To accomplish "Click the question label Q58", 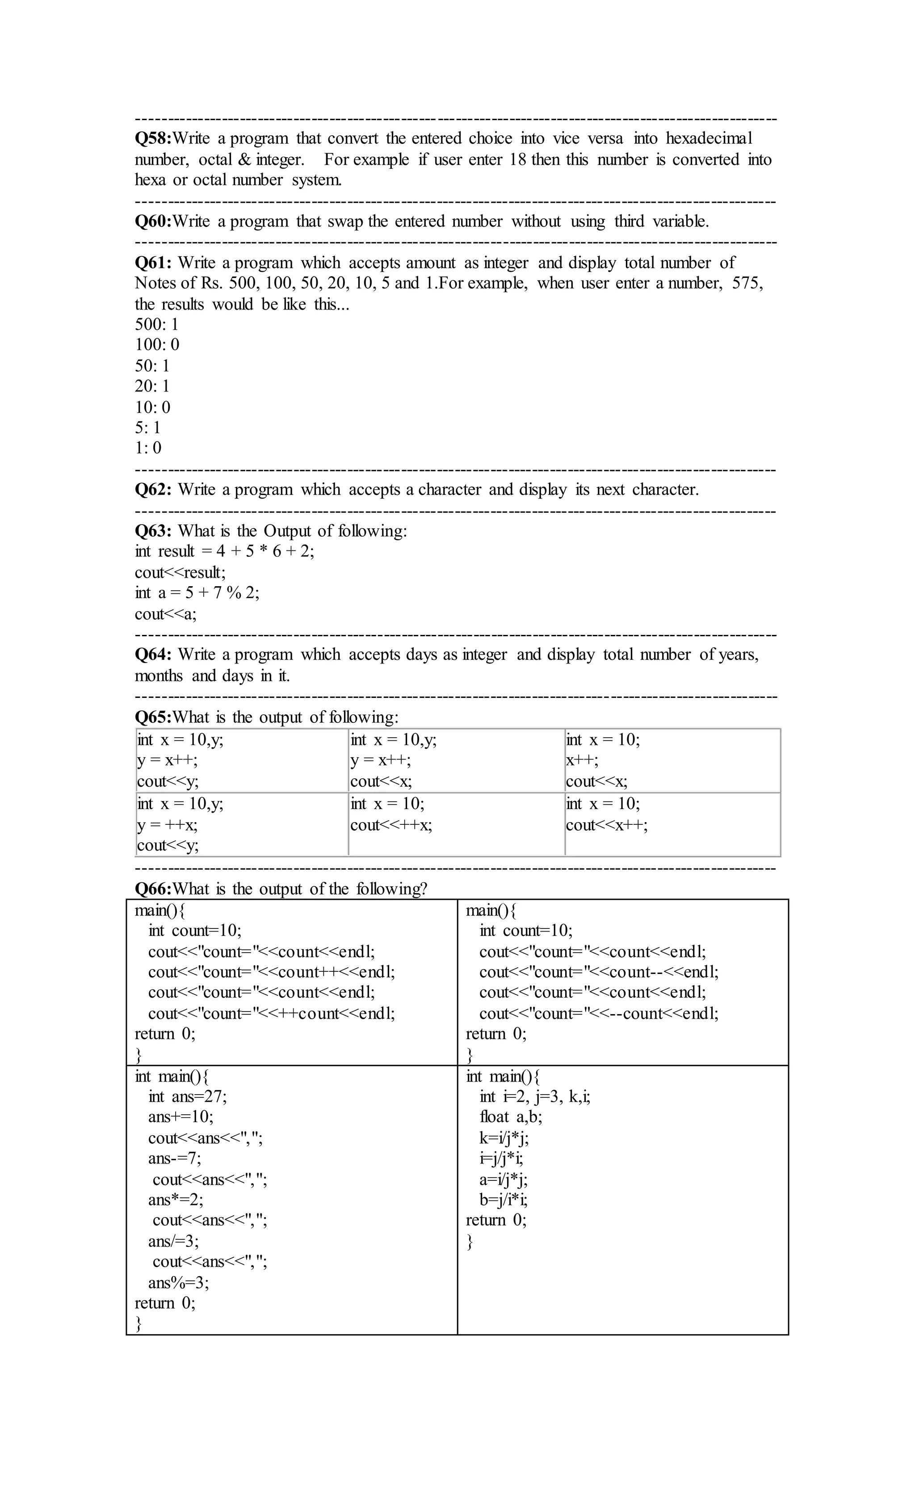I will coord(153,139).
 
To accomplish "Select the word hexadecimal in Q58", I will coord(708,139).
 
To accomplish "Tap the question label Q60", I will coord(153,222).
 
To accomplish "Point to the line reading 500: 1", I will coord(156,324).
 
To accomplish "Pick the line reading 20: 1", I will coord(152,386).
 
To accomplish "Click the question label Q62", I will coord(153,489).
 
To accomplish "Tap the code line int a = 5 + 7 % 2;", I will coord(197,592).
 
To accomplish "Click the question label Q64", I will coord(153,655).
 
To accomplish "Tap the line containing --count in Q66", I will coord(598,1013).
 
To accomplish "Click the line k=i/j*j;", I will coord(504,1138).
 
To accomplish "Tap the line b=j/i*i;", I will coord(504,1199).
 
